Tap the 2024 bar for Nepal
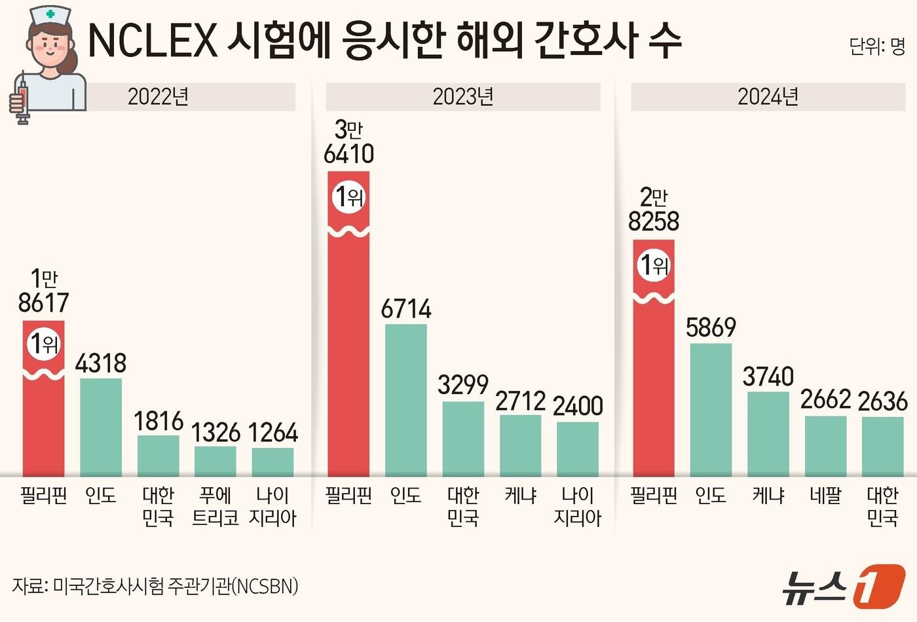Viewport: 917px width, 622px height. click(x=825, y=446)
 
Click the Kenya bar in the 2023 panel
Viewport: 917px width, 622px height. click(x=521, y=445)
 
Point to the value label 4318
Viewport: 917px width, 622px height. click(x=101, y=363)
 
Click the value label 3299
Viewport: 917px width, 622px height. click(x=463, y=385)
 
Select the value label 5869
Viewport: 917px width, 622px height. click(x=711, y=327)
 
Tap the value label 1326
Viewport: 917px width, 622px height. click(x=215, y=433)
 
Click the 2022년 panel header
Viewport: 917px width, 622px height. click(x=159, y=97)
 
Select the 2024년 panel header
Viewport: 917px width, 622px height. click(x=768, y=97)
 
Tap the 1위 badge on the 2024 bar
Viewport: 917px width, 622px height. click(x=654, y=265)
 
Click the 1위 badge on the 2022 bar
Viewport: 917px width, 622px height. click(x=44, y=342)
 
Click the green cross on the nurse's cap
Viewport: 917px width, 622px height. click(x=50, y=13)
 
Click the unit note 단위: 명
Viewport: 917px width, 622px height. click(x=877, y=46)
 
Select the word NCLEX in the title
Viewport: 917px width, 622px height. click(x=152, y=41)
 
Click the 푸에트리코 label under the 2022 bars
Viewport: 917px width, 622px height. click(x=215, y=506)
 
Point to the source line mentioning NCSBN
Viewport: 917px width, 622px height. click(x=155, y=585)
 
